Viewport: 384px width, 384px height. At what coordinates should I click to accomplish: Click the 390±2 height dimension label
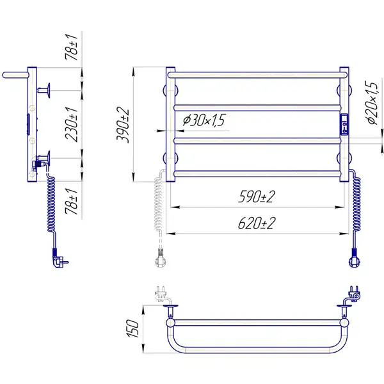coord(123,125)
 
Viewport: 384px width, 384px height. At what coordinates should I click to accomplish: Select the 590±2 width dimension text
coord(257,196)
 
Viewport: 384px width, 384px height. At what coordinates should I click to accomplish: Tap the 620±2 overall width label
coord(257,223)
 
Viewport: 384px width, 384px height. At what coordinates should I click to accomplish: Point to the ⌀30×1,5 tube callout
coord(204,120)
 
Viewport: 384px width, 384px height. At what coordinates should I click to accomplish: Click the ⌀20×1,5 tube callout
coord(371,103)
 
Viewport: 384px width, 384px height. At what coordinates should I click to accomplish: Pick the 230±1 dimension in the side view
coord(72,124)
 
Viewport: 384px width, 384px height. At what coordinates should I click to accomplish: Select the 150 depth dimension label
coord(133,329)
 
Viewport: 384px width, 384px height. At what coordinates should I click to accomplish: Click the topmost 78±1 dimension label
coord(72,47)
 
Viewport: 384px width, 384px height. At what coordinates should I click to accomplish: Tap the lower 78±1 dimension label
coord(72,202)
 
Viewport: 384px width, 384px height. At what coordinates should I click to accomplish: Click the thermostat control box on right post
coord(344,124)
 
